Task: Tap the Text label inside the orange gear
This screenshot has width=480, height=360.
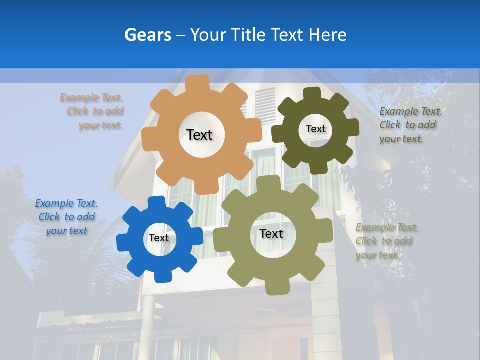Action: [x=199, y=135]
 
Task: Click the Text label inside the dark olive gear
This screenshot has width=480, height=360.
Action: [x=315, y=129]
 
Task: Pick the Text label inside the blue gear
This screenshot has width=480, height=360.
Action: [x=158, y=238]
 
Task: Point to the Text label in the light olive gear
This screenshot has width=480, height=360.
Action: [x=271, y=233]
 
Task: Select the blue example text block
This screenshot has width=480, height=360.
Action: [x=66, y=217]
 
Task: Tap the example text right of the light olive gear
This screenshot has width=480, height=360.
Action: [x=385, y=241]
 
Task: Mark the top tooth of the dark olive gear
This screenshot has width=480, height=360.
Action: [x=312, y=93]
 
